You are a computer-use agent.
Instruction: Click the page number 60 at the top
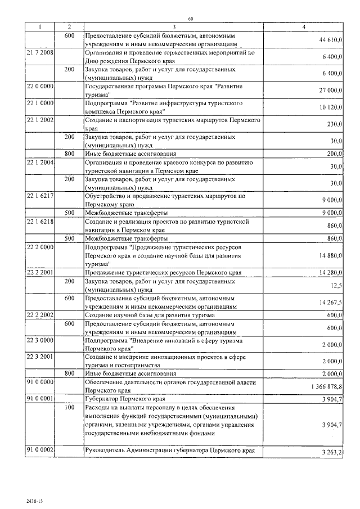tap(191, 19)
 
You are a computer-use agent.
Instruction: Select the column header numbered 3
tap(174, 27)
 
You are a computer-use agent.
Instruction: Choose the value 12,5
tap(337, 286)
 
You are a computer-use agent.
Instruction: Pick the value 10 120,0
tap(330, 107)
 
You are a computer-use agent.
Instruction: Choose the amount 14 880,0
tap(330, 255)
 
